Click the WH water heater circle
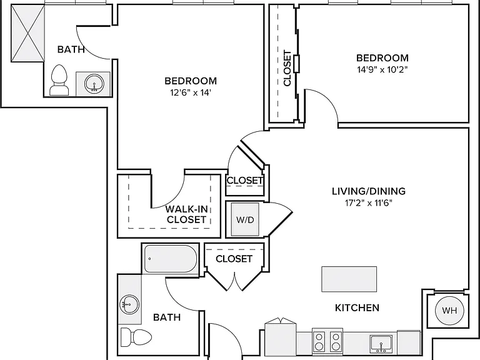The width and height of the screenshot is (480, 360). point(449,311)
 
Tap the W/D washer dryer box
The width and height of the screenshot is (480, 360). point(245,219)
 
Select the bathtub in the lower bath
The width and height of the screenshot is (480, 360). point(171,259)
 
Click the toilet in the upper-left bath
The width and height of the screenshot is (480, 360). point(59,80)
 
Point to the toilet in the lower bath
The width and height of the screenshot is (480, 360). point(136,337)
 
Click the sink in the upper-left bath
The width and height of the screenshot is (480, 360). point(94,83)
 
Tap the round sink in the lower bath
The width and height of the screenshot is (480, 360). point(129,304)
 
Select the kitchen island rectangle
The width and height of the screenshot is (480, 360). point(349,279)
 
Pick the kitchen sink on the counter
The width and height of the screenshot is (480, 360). point(381,344)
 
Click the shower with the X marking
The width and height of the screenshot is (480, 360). point(28,33)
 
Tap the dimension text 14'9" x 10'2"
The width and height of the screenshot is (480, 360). point(382,70)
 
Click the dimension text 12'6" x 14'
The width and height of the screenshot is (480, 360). point(191,92)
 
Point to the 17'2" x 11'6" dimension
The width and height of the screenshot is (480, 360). point(369,203)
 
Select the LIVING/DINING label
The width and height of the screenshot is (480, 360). point(369,191)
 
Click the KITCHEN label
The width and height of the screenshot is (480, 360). point(357,307)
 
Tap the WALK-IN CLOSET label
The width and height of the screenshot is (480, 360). point(186,214)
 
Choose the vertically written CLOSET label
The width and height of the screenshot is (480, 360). point(287,68)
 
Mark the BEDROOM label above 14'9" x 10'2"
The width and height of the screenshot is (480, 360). point(382,58)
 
